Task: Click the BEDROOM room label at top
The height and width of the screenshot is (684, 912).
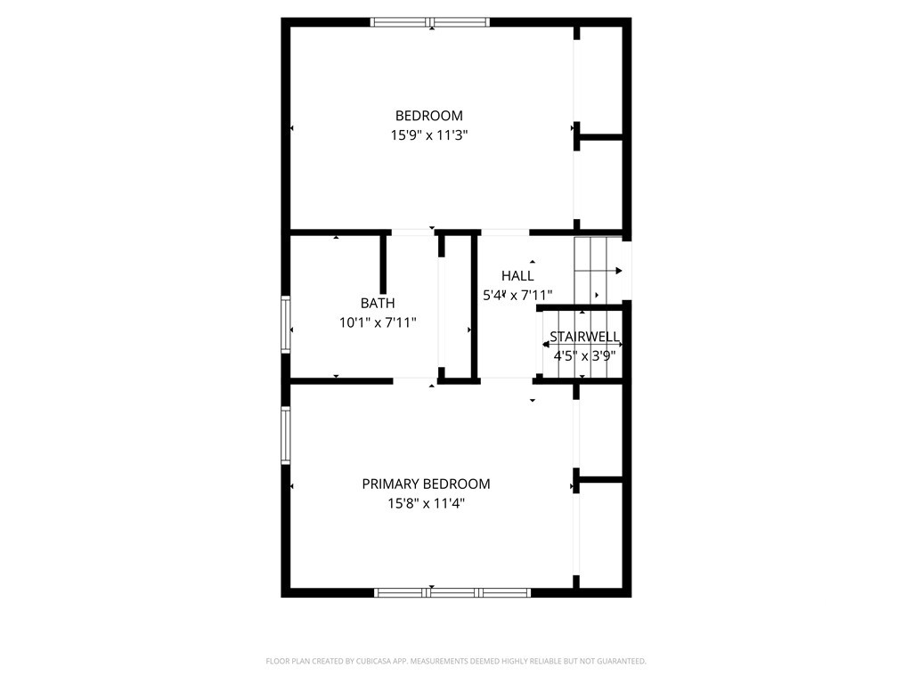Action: [429, 116]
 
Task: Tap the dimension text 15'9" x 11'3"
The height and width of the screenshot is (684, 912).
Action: [429, 135]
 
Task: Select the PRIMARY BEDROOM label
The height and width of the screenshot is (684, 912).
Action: [426, 484]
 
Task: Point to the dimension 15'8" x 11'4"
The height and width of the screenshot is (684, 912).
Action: [426, 504]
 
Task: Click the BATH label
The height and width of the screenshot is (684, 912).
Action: [378, 303]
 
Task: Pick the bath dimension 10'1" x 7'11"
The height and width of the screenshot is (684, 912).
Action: [378, 322]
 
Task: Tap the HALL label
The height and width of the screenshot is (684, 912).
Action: [517, 276]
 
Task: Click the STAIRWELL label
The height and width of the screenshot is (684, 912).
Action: [584, 337]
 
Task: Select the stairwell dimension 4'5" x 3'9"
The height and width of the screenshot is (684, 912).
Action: [584, 356]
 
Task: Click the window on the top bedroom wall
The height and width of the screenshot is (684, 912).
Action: [430, 22]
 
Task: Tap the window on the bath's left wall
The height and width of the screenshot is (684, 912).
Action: [286, 324]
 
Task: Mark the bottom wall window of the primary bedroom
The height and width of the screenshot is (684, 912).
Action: [452, 592]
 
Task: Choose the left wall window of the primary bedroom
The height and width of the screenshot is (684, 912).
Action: [286, 435]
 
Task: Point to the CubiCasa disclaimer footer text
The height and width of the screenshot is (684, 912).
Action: [456, 662]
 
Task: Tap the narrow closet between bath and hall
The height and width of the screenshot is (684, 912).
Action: [458, 306]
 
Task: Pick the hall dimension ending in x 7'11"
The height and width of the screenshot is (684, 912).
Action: [517, 296]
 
